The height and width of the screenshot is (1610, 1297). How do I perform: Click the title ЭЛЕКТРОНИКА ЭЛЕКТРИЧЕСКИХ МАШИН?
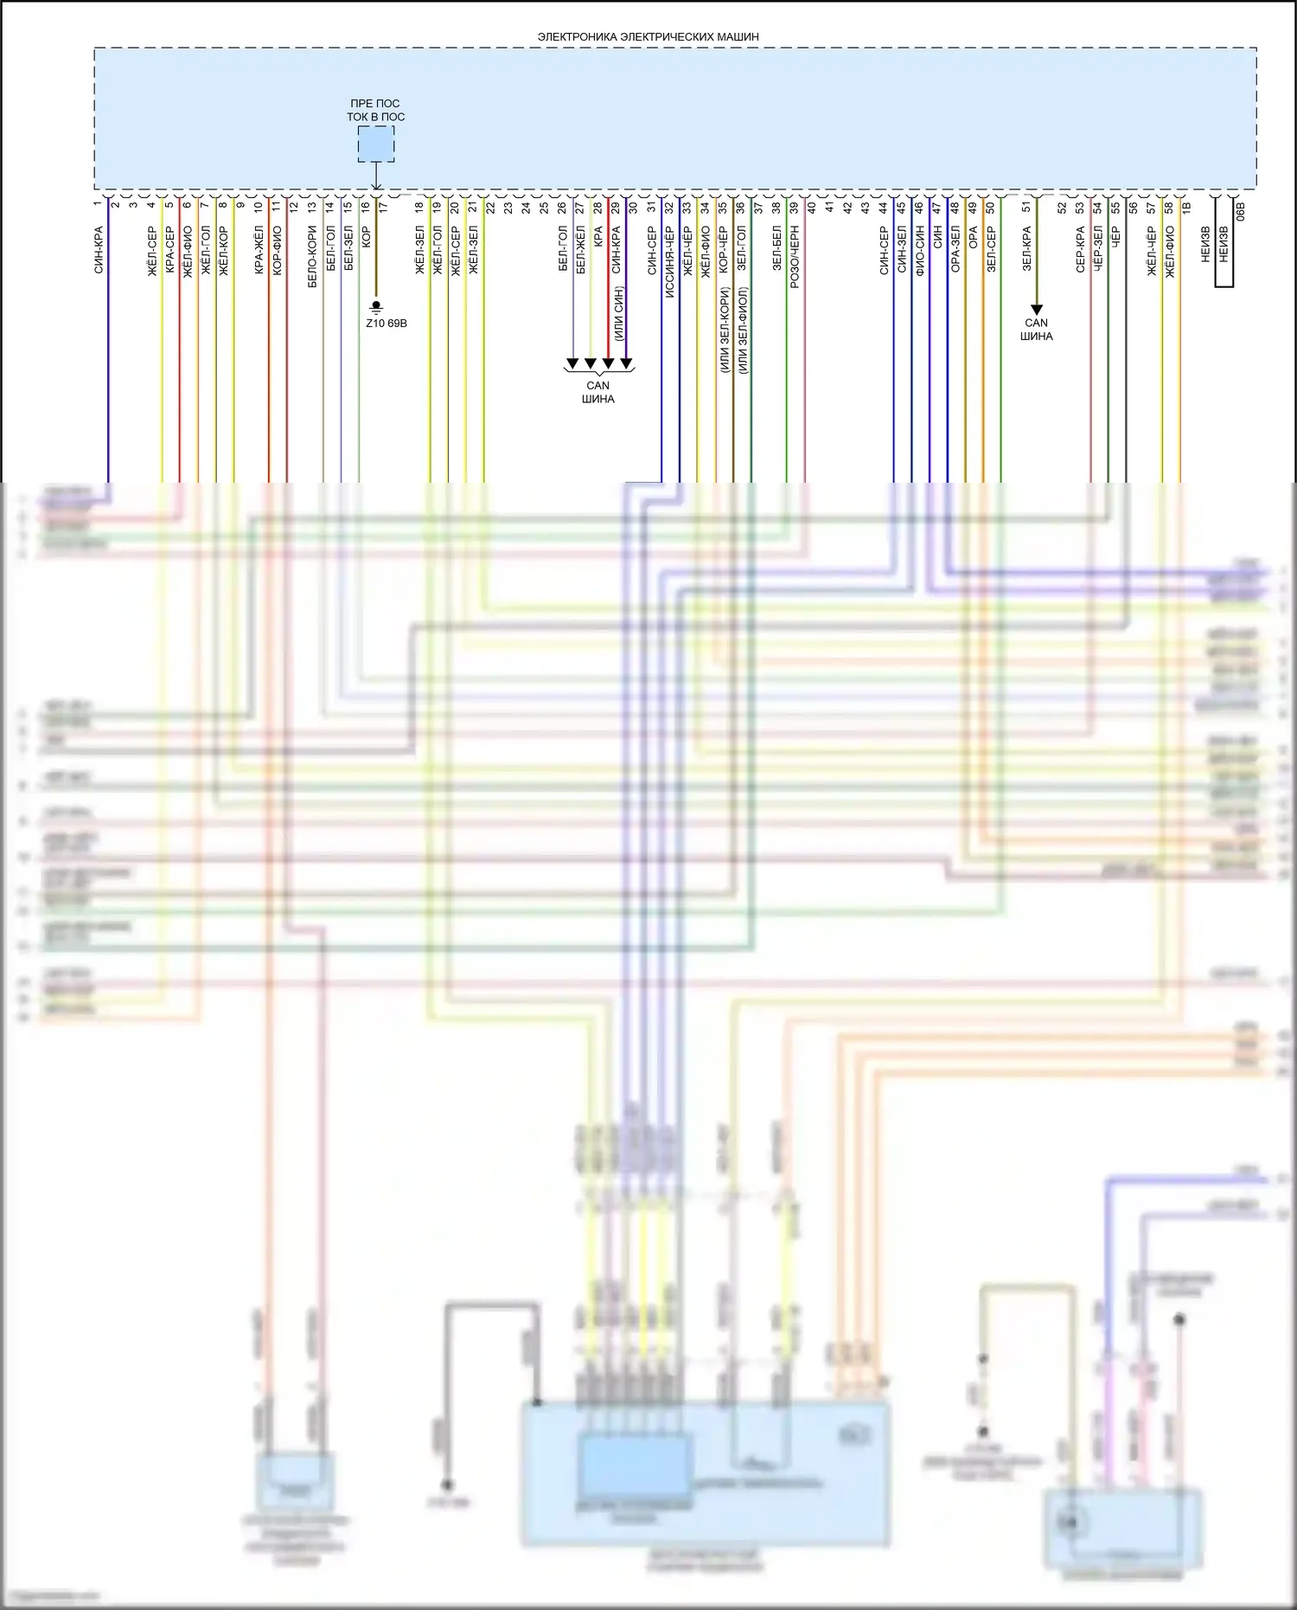click(648, 37)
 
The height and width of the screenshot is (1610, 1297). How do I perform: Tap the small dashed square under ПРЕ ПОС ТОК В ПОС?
click(376, 144)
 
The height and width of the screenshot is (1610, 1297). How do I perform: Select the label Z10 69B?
click(386, 324)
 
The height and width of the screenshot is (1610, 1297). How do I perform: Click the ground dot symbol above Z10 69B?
click(376, 306)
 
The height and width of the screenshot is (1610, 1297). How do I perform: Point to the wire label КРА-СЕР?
click(169, 250)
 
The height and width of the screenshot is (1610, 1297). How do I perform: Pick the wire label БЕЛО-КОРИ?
click(312, 257)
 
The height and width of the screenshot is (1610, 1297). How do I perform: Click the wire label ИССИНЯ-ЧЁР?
click(669, 262)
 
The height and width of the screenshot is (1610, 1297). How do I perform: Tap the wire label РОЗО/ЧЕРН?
click(795, 257)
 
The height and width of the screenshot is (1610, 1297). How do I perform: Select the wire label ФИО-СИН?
click(920, 250)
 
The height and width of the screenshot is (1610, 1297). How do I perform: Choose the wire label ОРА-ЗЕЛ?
click(955, 250)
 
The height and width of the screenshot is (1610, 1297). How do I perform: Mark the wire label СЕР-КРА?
click(1081, 250)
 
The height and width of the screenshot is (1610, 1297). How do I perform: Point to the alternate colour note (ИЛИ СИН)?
click(618, 313)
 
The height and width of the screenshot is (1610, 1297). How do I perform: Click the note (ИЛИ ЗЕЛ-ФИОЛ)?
click(744, 330)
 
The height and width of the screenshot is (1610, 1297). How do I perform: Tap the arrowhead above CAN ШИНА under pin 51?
click(1037, 309)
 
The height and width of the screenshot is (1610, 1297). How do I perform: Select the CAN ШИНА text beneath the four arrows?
click(598, 392)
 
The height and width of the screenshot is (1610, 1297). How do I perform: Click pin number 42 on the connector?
click(848, 208)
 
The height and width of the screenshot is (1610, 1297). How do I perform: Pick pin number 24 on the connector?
click(526, 208)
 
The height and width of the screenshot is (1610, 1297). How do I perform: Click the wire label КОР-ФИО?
click(277, 250)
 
